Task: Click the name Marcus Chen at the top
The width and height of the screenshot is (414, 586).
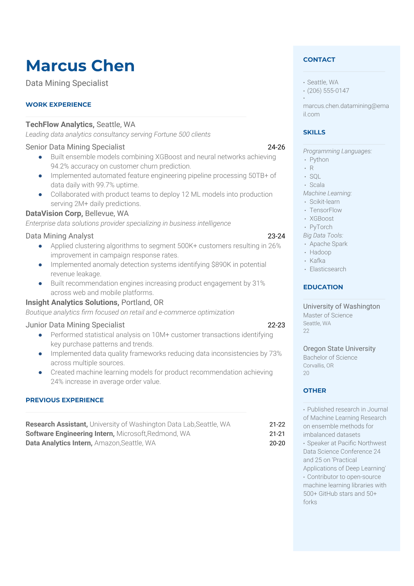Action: tap(80, 66)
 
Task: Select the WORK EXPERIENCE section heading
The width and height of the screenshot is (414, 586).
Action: tap(58, 104)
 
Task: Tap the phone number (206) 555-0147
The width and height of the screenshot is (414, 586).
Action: tap(328, 91)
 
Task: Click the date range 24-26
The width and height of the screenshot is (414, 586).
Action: tap(276, 147)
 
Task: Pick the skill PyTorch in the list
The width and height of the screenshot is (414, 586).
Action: tap(321, 227)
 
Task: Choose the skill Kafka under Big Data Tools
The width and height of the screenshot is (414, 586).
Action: tap(317, 261)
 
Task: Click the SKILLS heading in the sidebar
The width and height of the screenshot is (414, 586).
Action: tap(314, 132)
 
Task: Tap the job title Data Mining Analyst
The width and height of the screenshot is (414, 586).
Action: tap(59, 236)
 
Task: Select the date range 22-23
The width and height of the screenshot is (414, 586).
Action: tap(276, 325)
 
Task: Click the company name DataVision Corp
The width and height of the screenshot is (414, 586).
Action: tap(54, 213)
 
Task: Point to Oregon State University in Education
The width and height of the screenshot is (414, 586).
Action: tap(339, 349)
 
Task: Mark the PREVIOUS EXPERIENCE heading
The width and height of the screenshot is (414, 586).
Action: tap(65, 400)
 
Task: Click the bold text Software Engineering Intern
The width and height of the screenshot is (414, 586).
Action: tap(70, 434)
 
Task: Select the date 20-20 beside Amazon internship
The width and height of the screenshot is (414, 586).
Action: tap(277, 443)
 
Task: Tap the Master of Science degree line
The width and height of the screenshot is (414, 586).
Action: tap(328, 315)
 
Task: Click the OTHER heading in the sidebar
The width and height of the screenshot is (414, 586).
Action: tap(315, 391)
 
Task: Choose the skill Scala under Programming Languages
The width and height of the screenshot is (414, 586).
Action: tap(317, 185)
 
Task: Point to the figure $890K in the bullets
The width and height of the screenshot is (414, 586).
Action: tap(221, 265)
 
